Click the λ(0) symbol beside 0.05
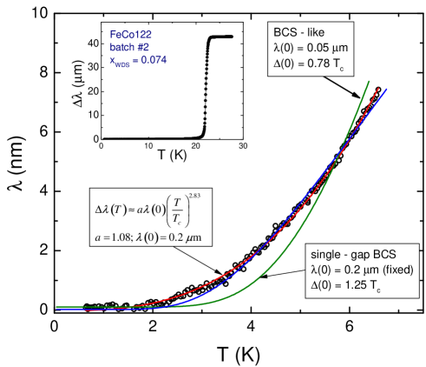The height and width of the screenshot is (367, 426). coord(283,48)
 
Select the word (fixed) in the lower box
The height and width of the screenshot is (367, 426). coord(396,270)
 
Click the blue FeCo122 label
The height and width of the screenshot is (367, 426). coord(132,35)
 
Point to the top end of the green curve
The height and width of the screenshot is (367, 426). coord(370,82)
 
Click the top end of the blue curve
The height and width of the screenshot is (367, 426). coord(386,89)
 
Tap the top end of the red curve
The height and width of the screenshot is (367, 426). coord(380,87)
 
